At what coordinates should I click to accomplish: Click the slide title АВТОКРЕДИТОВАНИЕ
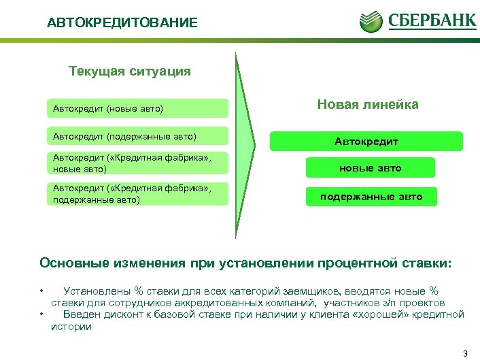pyautogui.click(x=122, y=23)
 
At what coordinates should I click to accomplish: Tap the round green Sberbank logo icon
pyautogui.click(x=372, y=20)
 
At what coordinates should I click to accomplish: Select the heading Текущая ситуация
pyautogui.click(x=130, y=71)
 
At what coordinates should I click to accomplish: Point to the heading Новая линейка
pyautogui.click(x=368, y=104)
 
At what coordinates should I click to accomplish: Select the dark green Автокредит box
pyautogui.click(x=366, y=142)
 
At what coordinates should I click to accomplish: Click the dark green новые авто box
pyautogui.click(x=371, y=168)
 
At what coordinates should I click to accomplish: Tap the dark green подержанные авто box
pyautogui.click(x=371, y=197)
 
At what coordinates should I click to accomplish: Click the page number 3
pyautogui.click(x=464, y=353)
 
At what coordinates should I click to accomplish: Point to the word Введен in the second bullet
pyautogui.click(x=80, y=314)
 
